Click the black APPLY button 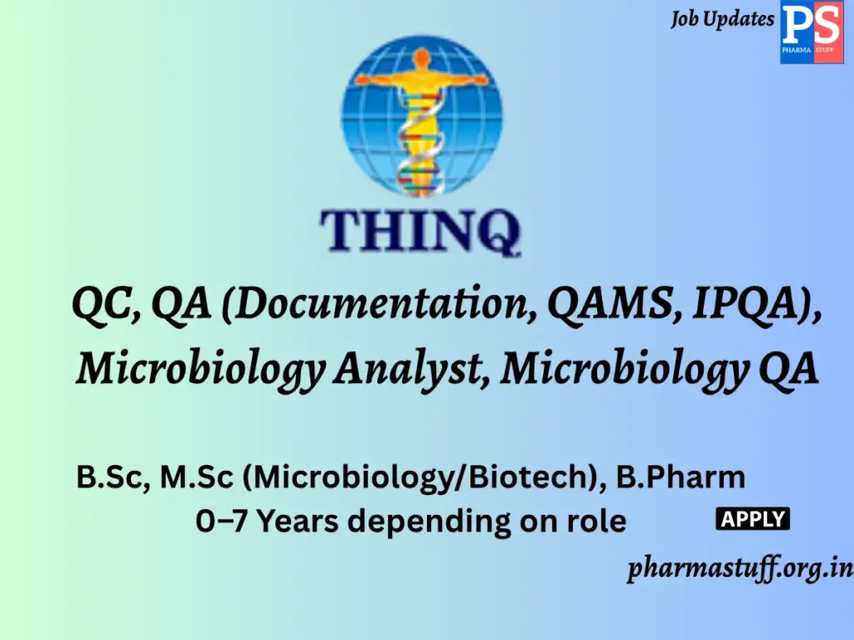tap(753, 519)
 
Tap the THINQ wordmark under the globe tap(421, 230)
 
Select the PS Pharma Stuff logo tap(811, 32)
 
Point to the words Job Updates tap(722, 19)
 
